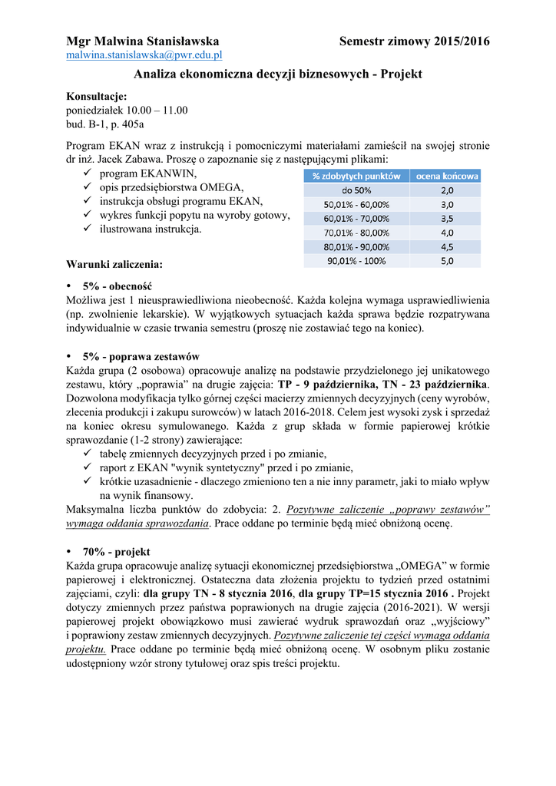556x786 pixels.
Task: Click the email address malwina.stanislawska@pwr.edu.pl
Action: coord(144,55)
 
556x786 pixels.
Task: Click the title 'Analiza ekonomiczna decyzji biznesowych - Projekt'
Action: coord(278,74)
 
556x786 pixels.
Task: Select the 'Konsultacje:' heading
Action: coord(96,96)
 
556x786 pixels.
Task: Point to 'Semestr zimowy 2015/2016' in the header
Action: coord(414,41)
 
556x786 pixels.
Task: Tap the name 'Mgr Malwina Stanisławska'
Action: coord(143,41)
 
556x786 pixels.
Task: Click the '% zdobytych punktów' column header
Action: coord(356,176)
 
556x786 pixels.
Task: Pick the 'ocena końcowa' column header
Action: coord(447,176)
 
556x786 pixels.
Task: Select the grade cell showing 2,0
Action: coord(447,190)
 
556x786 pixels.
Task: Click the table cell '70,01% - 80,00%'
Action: coord(356,233)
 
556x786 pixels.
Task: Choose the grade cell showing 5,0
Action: coord(447,261)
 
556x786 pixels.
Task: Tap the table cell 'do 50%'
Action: coord(356,190)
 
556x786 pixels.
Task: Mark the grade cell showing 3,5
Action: coord(447,219)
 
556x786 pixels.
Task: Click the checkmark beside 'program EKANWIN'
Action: coord(88,174)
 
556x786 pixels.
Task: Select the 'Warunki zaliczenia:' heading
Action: coord(114,265)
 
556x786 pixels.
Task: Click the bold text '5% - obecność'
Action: coord(117,286)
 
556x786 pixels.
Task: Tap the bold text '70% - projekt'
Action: coord(117,552)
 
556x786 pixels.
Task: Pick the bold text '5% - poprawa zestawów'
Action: coord(141,356)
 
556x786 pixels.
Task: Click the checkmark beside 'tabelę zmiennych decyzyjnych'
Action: coord(88,454)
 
